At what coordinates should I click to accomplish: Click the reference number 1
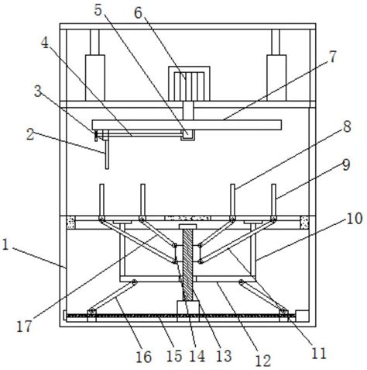[5, 245]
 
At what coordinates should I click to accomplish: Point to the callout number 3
[38, 92]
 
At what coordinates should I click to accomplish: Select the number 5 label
[98, 10]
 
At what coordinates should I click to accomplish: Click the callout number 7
[333, 57]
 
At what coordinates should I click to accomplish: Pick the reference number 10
[355, 219]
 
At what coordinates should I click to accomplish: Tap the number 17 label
[24, 327]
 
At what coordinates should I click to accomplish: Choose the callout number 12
[263, 361]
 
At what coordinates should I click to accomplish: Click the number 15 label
[174, 356]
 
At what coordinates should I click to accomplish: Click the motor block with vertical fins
[189, 84]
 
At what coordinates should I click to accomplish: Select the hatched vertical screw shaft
[187, 265]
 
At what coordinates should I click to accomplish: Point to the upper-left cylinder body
[95, 78]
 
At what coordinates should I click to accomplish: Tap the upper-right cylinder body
[276, 78]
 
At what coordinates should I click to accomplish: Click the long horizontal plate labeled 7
[187, 125]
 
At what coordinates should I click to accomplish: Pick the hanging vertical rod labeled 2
[107, 153]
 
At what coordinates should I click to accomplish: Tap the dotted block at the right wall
[304, 223]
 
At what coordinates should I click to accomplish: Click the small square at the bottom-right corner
[302, 316]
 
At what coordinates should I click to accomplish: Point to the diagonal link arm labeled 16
[112, 297]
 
